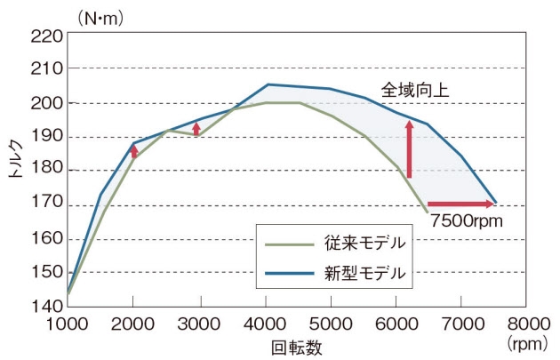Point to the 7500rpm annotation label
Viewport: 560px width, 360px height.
tap(464, 221)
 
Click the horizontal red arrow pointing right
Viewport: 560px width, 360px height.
tap(460, 204)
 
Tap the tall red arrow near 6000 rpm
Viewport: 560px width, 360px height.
tap(410, 149)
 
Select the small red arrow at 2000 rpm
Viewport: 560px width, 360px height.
tap(134, 152)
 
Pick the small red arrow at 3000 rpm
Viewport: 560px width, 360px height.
tap(196, 128)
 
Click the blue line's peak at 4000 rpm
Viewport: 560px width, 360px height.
tap(268, 84)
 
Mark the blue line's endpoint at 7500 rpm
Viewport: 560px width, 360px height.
tap(495, 203)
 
